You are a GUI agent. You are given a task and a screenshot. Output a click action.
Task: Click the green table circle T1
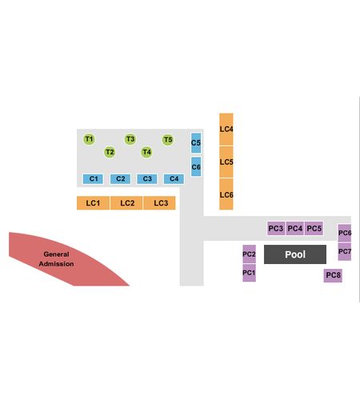click(89, 139)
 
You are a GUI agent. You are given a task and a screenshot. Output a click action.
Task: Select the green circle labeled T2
click(110, 152)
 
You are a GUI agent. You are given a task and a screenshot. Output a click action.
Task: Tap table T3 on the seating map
click(130, 139)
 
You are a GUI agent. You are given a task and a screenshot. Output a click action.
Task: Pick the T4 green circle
click(146, 152)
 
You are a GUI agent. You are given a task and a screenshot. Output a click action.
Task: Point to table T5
click(168, 140)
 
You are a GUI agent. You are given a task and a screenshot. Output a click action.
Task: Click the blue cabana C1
click(93, 178)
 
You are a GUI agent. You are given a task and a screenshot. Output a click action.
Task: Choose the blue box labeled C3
click(147, 178)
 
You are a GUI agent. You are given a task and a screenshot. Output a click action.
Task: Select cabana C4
click(174, 178)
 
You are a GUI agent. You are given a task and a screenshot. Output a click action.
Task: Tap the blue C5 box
click(196, 143)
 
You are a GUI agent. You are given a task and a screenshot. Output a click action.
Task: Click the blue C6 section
click(196, 166)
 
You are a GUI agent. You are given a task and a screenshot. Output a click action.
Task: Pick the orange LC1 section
click(93, 203)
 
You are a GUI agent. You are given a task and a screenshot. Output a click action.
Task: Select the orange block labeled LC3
click(159, 203)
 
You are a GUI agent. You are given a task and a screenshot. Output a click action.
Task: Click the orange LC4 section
click(226, 130)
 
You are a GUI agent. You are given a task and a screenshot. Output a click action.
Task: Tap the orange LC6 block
click(226, 194)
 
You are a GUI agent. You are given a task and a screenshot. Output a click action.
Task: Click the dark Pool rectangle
click(295, 254)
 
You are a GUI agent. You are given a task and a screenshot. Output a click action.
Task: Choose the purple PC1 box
click(249, 273)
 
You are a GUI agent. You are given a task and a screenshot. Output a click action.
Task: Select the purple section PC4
click(295, 229)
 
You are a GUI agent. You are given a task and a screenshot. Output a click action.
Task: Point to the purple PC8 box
click(333, 275)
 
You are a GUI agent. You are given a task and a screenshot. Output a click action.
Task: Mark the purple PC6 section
click(345, 233)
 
